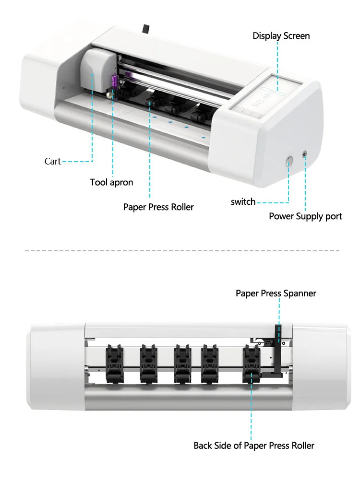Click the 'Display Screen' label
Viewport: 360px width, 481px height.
[x=281, y=36]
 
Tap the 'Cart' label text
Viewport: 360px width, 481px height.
[x=53, y=162]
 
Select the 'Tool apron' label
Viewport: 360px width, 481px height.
[x=111, y=182]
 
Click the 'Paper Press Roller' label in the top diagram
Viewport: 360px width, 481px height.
[x=158, y=207]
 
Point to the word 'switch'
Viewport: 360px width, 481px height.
[x=243, y=202]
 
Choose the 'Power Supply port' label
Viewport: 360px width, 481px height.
[x=305, y=216]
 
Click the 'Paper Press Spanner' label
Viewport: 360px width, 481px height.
[x=276, y=293]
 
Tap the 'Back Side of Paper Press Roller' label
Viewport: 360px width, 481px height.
[x=254, y=446]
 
